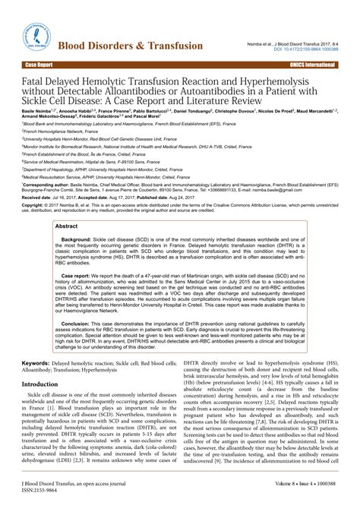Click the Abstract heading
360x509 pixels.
(x=66, y=206)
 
